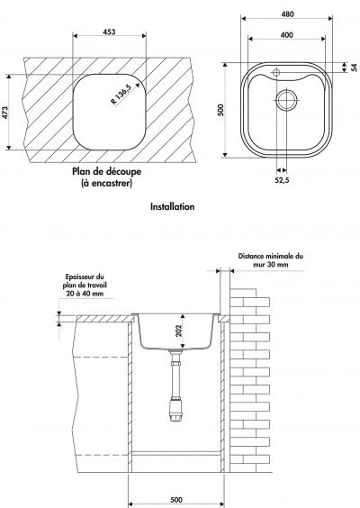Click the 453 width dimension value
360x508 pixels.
point(109,32)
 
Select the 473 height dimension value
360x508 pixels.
point(5,113)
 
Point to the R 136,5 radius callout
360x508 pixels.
point(121,95)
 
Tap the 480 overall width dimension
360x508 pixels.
point(287,14)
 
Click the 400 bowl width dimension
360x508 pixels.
point(287,34)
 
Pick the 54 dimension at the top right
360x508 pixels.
point(355,68)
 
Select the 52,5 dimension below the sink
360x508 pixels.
point(282,180)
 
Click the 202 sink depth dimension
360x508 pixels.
point(179,331)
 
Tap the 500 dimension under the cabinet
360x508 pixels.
point(176,500)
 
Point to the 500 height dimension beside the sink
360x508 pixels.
point(220,110)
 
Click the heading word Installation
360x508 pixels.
point(173,206)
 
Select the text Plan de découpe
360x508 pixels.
point(106,171)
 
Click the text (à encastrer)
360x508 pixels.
point(106,184)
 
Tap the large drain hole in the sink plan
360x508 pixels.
point(286,100)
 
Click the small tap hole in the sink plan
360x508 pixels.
point(276,72)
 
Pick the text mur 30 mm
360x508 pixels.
point(271,265)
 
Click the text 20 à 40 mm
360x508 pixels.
point(85,294)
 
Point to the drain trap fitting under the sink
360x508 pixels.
point(176,410)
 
